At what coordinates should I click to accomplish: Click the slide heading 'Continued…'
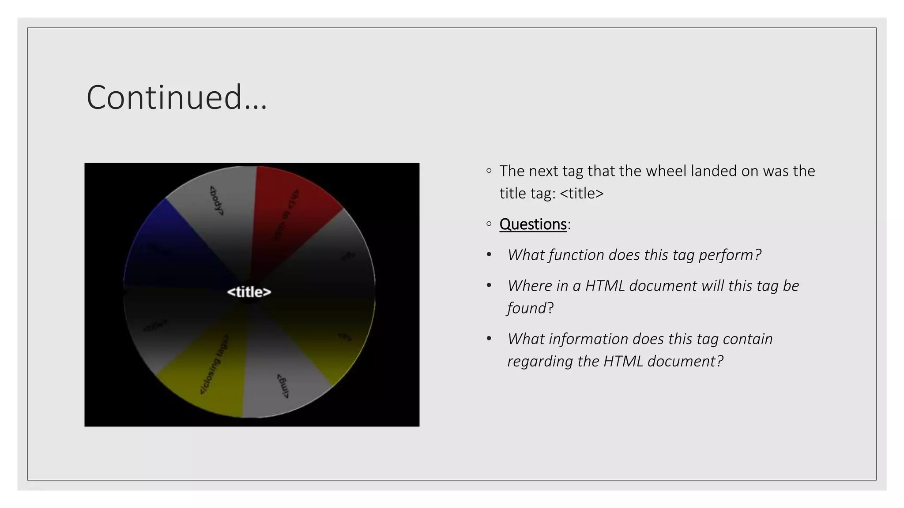[177, 97]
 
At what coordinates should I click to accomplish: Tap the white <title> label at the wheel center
[249, 292]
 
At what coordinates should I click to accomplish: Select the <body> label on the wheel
[216, 201]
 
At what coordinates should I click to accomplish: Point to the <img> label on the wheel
[283, 386]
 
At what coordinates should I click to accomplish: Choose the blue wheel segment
[163, 243]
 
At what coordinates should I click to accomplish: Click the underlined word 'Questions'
[533, 224]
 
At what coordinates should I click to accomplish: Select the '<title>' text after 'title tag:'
[581, 194]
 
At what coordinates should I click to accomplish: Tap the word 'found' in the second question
[527, 308]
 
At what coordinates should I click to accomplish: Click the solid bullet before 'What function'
[489, 255]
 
